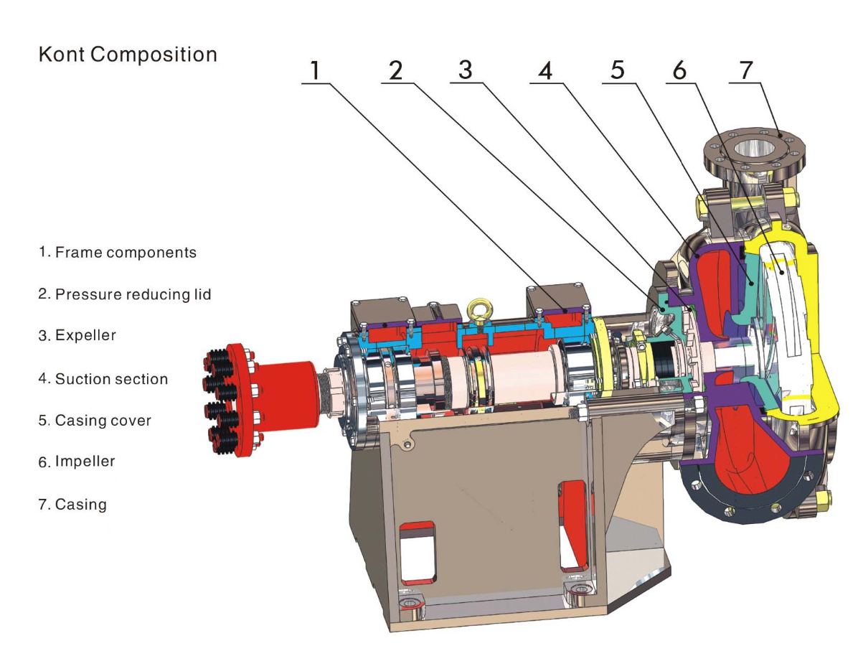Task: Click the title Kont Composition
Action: click(x=128, y=55)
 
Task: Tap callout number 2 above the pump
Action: click(x=396, y=70)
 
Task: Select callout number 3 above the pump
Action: click(x=466, y=70)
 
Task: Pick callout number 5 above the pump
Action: click(x=618, y=70)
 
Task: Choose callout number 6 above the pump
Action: click(x=679, y=70)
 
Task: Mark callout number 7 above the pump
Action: click(x=747, y=70)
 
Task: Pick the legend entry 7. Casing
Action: click(x=72, y=505)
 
